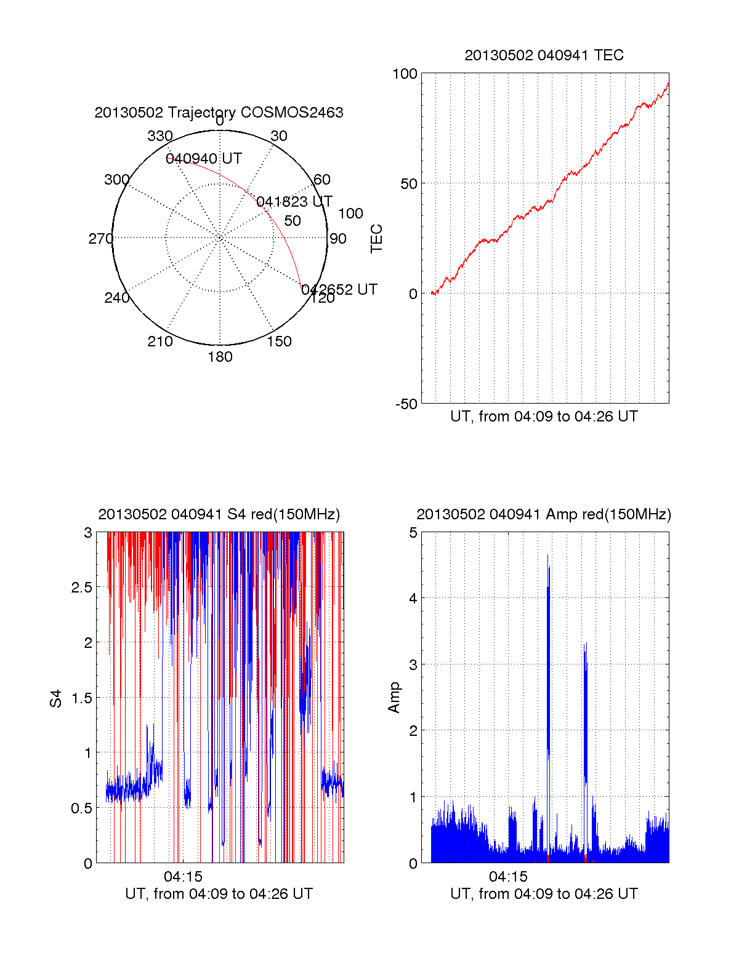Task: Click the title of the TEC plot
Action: (544, 55)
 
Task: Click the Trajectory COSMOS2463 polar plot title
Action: (219, 113)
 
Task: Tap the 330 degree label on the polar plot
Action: (160, 136)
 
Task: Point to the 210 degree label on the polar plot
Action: (160, 341)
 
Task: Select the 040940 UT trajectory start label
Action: (204, 159)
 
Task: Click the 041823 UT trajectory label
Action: (294, 202)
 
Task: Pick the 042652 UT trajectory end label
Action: (339, 290)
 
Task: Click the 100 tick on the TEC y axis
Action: (405, 74)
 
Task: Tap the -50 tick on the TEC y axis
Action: (406, 404)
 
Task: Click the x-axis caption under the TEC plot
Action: (544, 417)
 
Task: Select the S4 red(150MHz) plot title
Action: (219, 514)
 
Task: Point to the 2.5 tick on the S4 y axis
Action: (82, 588)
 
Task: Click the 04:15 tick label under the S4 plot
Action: (183, 877)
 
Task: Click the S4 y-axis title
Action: (56, 698)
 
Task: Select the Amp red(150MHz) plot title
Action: (544, 514)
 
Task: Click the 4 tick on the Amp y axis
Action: (413, 598)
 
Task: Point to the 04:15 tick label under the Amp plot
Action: (508, 877)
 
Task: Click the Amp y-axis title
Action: (394, 698)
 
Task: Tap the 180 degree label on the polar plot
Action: (220, 357)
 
